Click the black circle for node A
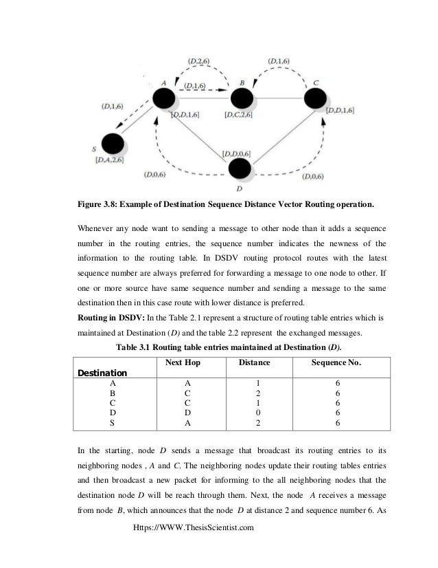tap(165, 97)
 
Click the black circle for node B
tap(242, 96)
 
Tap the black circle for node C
tap(319, 97)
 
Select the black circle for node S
tap(112, 143)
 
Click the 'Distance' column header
tap(255, 362)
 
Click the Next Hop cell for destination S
tap(187, 424)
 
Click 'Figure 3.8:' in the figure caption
tap(99, 204)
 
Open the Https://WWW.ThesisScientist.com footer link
tap(196, 527)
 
